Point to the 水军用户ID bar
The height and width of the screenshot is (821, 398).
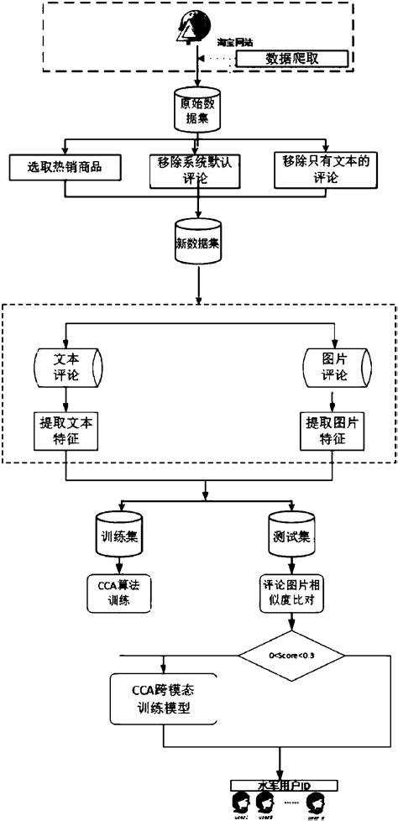pyautogui.click(x=284, y=785)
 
